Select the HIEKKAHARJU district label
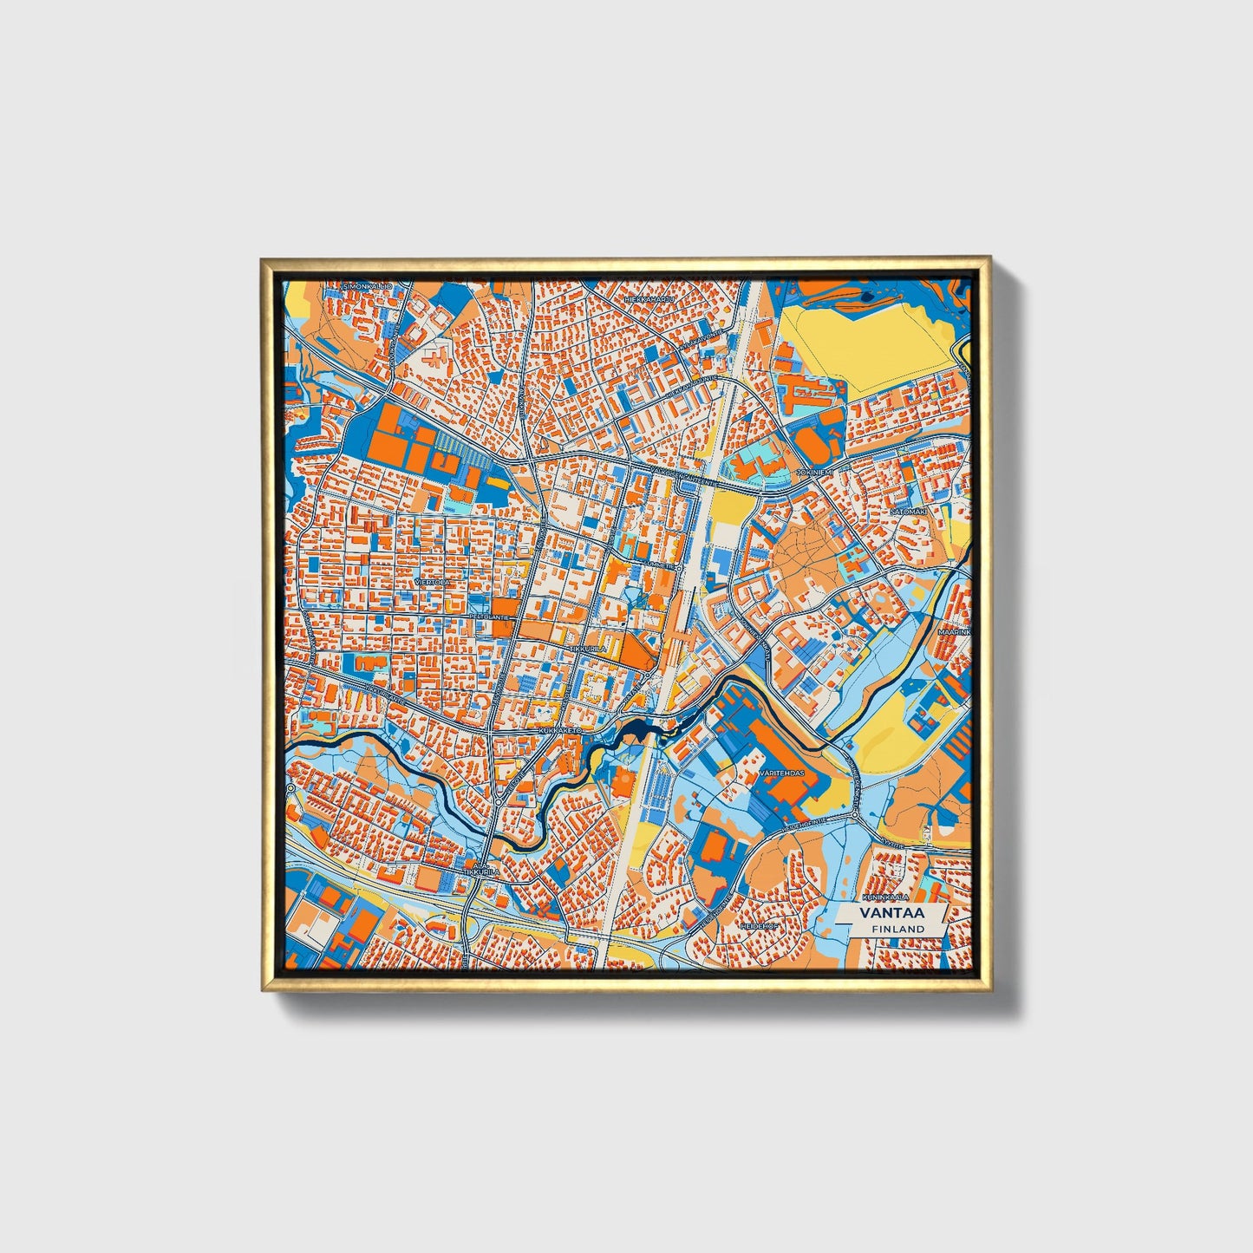tap(649, 299)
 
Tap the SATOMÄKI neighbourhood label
tap(909, 512)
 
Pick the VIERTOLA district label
tap(433, 582)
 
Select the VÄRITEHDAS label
tap(780, 771)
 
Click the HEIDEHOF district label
tap(756, 926)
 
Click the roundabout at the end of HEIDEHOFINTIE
tap(855, 816)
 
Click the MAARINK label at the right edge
tap(954, 632)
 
